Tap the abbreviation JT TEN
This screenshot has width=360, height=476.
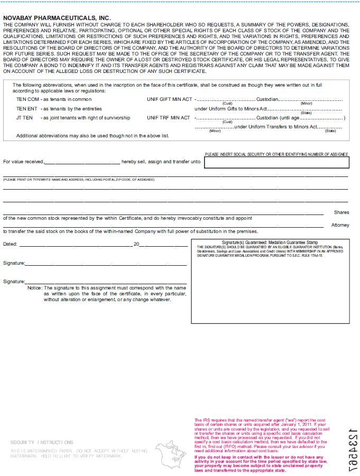pyautogui.click(x=24, y=118)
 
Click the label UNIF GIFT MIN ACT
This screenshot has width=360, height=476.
pyautogui.click(x=168, y=99)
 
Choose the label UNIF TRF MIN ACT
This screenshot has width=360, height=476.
pyautogui.click(x=168, y=118)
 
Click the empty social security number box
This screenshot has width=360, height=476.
pyautogui.click(x=275, y=163)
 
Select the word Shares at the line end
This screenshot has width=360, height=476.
pyautogui.click(x=341, y=212)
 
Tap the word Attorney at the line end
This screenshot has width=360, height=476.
pyautogui.click(x=340, y=225)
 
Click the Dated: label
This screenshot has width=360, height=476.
pyautogui.click(x=10, y=244)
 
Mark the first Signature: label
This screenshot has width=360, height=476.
pyautogui.click(x=14, y=263)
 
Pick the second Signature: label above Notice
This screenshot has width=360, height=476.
pyautogui.click(x=14, y=282)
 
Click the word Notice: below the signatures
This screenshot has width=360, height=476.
pyautogui.click(x=35, y=288)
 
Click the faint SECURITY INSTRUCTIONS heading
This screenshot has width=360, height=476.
pyautogui.click(x=42, y=442)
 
